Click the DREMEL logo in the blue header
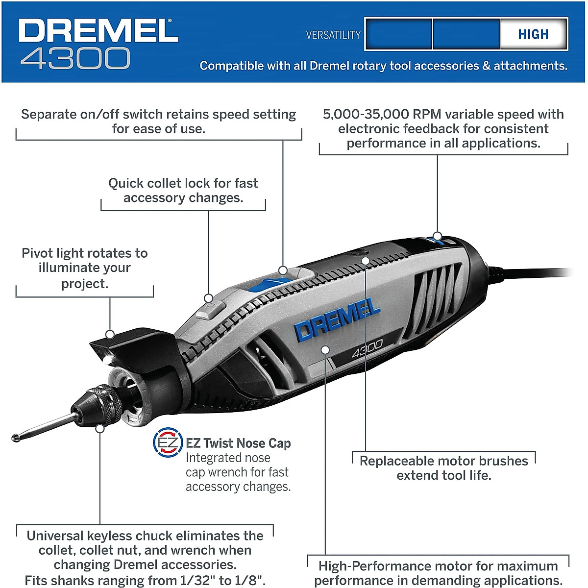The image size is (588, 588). point(98,31)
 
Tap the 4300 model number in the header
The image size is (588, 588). point(75,58)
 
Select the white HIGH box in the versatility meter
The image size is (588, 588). point(533,34)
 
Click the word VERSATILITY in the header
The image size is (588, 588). point(333,35)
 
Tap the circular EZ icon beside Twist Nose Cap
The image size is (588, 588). point(168,443)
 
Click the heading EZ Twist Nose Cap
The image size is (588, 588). point(238,443)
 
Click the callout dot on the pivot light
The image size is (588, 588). point(110,334)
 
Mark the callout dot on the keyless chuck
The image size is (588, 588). point(100,428)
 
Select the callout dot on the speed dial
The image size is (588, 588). point(437,236)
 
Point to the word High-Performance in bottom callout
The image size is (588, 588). point(370,566)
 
